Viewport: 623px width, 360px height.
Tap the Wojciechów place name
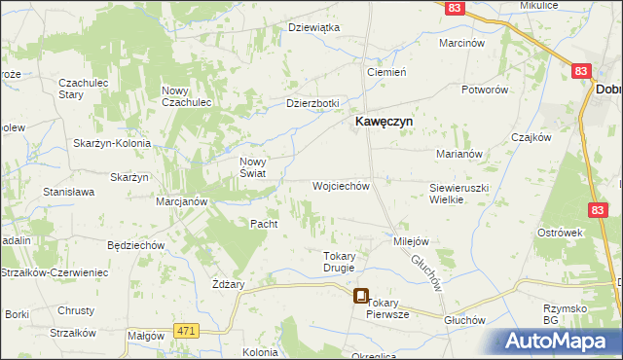(x=341, y=185)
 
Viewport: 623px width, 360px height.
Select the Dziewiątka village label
(x=313, y=27)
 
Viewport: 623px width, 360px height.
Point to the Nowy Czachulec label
(x=194, y=96)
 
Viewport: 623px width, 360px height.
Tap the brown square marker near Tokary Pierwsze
(x=361, y=297)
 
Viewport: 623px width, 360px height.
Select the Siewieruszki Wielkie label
(x=458, y=192)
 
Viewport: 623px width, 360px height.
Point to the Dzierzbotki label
(x=311, y=103)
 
